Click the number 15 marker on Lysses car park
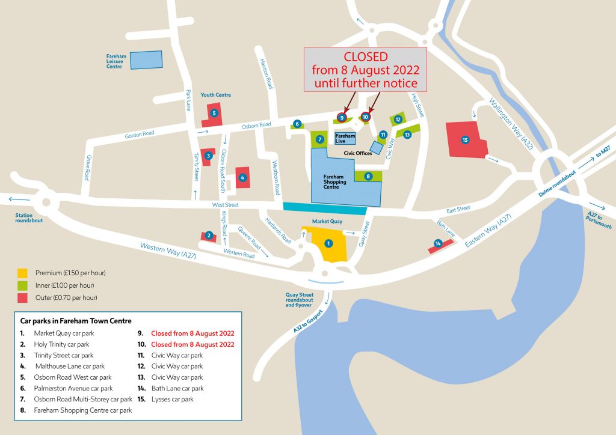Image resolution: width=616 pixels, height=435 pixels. tap(464, 139)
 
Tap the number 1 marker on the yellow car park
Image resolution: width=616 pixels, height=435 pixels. tap(328, 243)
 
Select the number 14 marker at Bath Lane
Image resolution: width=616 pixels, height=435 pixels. tap(438, 243)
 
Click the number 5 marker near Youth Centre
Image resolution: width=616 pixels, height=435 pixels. tap(214, 112)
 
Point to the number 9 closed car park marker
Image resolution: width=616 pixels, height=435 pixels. tap(342, 117)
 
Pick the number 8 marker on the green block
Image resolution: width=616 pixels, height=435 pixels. tap(368, 176)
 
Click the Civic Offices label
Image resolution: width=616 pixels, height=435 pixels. tap(359, 153)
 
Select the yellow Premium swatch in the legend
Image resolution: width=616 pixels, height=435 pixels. tap(23, 273)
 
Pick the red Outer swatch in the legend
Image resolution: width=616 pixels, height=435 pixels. tap(23, 297)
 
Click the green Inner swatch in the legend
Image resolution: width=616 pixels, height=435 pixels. tap(23, 285)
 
